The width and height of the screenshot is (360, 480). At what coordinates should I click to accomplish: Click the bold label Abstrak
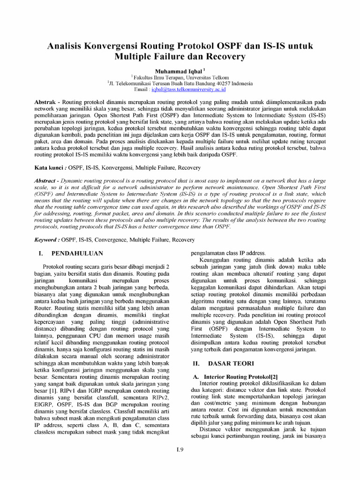pos(46,102)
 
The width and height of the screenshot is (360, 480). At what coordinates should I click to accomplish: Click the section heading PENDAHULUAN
pos(77,253)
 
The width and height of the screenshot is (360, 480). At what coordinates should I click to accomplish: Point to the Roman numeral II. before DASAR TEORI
pos(197,363)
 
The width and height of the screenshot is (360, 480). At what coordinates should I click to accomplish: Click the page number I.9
pos(180,450)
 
